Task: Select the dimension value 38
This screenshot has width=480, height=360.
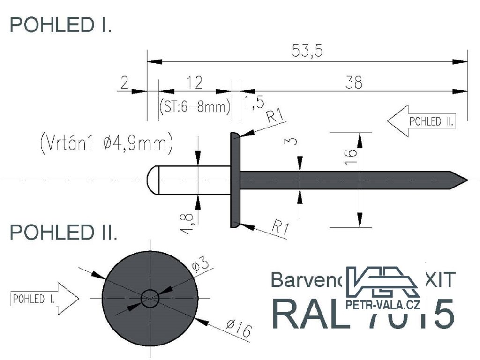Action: coord(354,82)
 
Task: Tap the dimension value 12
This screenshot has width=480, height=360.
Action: coord(195,82)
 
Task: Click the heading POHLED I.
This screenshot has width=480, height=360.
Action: coord(60,25)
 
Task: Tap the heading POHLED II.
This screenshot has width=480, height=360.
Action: coord(64,232)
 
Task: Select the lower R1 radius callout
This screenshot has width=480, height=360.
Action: coord(280,228)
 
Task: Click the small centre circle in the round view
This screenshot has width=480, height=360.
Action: coord(150,298)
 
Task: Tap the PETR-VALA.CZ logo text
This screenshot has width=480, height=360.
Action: coord(382,306)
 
